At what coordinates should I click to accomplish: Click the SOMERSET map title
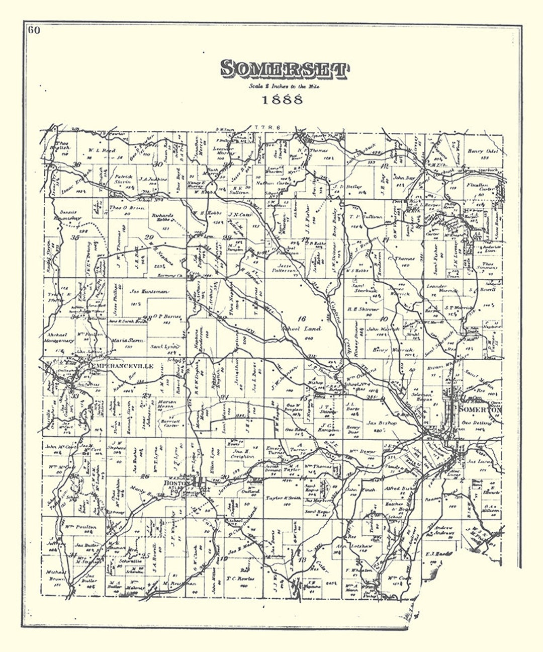coord(284,70)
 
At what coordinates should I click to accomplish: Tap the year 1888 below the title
coord(282,99)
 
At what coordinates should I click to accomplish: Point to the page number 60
coord(34,30)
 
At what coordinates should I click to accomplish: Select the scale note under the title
coord(283,86)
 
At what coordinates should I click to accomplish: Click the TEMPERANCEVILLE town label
coord(120,366)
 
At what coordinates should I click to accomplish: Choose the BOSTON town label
coord(176,482)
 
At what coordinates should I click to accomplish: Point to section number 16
coord(301,318)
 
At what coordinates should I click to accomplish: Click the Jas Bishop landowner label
coord(382,423)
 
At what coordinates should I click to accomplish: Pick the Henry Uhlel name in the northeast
coord(482,151)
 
